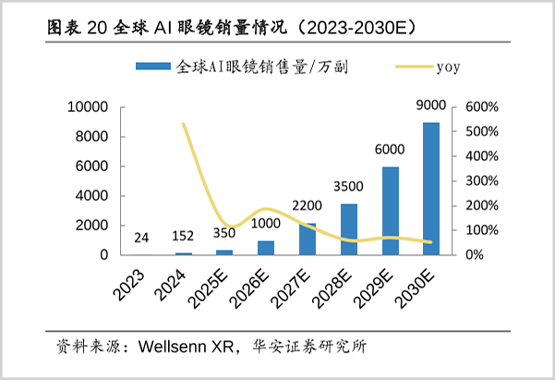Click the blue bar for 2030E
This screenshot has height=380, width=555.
point(431,189)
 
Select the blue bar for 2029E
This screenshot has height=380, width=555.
point(391,211)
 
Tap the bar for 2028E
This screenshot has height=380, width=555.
point(349,229)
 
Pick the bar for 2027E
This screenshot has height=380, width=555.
point(308,239)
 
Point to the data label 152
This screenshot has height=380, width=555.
point(184,237)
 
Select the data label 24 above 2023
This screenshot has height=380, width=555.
point(142,239)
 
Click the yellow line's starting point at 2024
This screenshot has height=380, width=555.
point(184,124)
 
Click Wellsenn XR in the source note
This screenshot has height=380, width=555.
point(181,349)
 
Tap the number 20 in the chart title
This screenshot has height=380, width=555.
point(99,28)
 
